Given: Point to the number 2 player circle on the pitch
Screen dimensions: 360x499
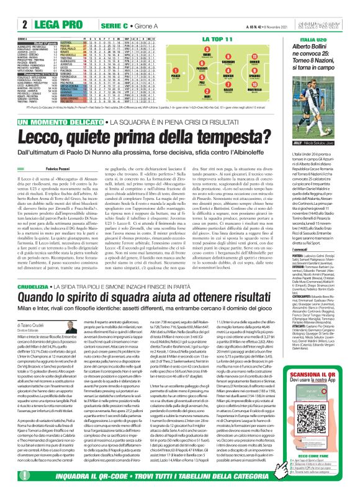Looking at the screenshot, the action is tap(203, 94).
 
